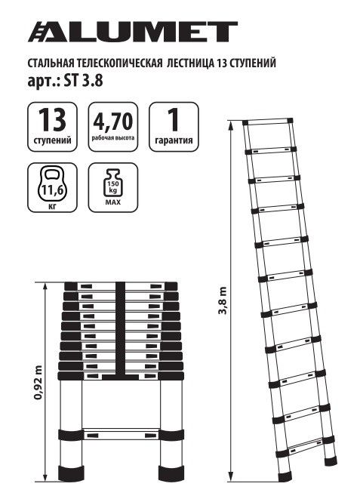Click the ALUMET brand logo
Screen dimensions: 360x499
(133, 32)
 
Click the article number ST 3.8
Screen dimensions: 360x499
(83, 81)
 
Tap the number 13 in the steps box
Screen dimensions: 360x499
(52, 120)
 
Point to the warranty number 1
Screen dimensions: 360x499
(174, 120)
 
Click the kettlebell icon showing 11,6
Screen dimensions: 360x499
(52, 185)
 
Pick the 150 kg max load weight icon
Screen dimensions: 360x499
(112, 182)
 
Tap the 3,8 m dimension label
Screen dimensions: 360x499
(223, 301)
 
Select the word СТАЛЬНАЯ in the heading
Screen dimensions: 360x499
(51, 63)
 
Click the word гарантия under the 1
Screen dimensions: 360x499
(174, 140)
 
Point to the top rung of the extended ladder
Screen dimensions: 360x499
(267, 122)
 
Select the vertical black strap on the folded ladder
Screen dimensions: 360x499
(120, 329)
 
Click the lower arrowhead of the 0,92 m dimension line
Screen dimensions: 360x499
(45, 478)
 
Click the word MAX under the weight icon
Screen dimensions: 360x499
(113, 202)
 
